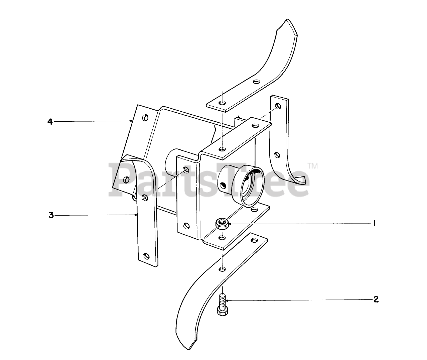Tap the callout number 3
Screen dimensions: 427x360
(x=51, y=215)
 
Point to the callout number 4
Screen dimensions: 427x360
(x=50, y=122)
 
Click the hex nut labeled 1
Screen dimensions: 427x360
(x=221, y=223)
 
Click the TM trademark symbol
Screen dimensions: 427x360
(x=313, y=165)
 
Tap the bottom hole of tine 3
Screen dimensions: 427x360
(x=146, y=256)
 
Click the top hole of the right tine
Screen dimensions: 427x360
(x=278, y=106)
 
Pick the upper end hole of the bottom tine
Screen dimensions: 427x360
(x=255, y=240)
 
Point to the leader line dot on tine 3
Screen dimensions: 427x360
(x=136, y=215)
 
